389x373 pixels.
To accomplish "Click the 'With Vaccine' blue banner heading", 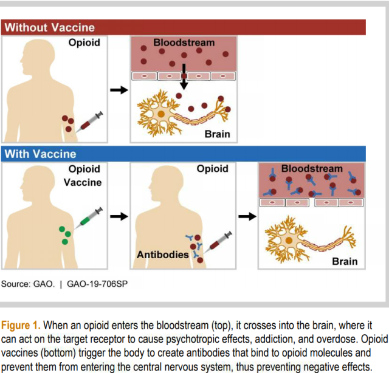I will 41,154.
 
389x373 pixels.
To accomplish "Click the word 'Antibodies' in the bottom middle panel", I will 162,255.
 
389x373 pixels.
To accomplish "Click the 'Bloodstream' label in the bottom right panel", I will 312,168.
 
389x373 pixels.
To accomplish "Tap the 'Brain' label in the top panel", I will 218,133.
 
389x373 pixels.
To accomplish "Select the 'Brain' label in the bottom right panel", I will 345,262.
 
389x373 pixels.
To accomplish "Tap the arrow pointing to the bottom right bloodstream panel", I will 246,216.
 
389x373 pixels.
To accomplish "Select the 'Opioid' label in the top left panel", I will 84,43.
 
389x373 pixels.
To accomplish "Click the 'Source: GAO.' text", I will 28,284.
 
